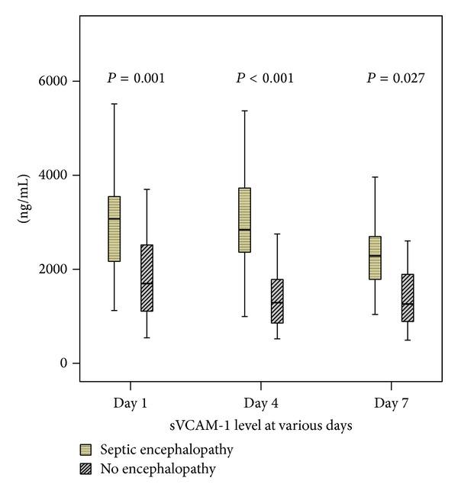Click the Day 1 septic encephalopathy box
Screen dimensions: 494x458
114,229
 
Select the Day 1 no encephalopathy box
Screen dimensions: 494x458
147,278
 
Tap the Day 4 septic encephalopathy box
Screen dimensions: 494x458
244,220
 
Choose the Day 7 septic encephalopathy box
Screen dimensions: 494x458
375,258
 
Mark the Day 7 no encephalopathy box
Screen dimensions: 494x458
408,298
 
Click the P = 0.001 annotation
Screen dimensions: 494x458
136,78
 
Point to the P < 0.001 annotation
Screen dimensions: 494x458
265,78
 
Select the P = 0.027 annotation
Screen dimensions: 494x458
395,78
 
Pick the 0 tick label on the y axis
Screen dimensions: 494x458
65,363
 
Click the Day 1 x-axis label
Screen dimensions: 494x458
130,402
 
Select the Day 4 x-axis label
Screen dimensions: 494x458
260,402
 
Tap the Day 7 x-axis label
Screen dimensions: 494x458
391,402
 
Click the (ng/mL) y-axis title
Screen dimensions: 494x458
24,222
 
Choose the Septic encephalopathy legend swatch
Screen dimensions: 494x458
86,450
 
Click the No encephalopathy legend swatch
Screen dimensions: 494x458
86,470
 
